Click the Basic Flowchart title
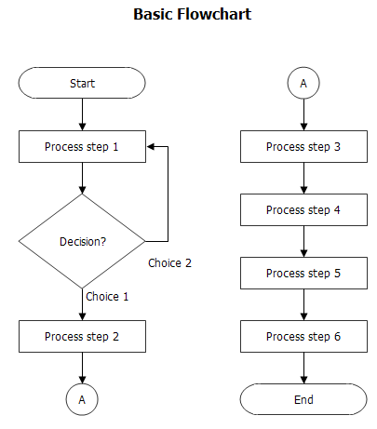pyautogui.click(x=192, y=15)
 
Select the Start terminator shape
pyautogui.click(x=82, y=84)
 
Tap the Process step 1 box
pyautogui.click(x=82, y=146)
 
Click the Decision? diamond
pyautogui.click(x=82, y=241)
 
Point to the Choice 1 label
pyautogui.click(x=107, y=297)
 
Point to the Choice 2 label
pyautogui.click(x=169, y=263)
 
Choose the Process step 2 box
pyautogui.click(x=82, y=336)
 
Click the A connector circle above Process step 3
pyautogui.click(x=303, y=84)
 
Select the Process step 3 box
pyautogui.click(x=303, y=146)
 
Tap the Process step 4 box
pyautogui.click(x=303, y=209)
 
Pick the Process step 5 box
pyautogui.click(x=303, y=273)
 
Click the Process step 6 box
pyautogui.click(x=303, y=336)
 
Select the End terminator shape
pyautogui.click(x=303, y=399)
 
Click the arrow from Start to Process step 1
pyautogui.click(x=82, y=114)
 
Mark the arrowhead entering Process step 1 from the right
pyautogui.click(x=151, y=146)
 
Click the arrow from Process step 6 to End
pyautogui.click(x=303, y=368)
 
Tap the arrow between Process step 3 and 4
pyautogui.click(x=303, y=178)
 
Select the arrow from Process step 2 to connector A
pyautogui.click(x=82, y=368)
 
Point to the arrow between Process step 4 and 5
pyautogui.click(x=303, y=241)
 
